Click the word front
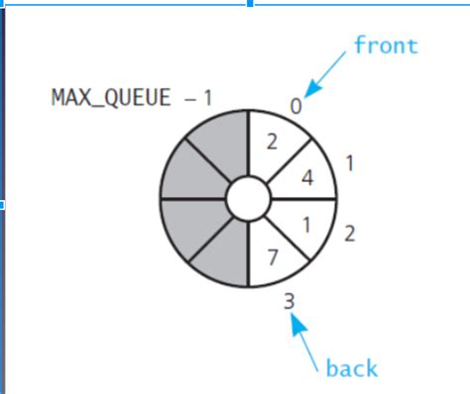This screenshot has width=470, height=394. (386, 46)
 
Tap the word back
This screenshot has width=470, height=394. (352, 369)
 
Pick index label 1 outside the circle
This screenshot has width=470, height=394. (349, 161)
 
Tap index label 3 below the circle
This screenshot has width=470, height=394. (289, 298)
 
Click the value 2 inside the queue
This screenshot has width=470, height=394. (272, 142)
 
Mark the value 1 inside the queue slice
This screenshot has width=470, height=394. (306, 225)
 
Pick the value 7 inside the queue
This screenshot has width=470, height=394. (272, 259)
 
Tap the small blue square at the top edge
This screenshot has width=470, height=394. (249, 3)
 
